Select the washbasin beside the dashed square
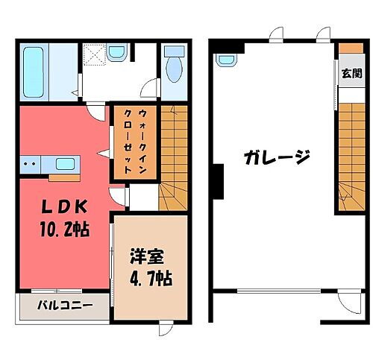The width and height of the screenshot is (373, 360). (117, 53)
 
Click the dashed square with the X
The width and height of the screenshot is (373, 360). (93, 54)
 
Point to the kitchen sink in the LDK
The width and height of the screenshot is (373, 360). (65, 163)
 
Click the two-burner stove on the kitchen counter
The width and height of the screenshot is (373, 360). (31, 162)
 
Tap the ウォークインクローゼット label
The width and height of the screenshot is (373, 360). (134, 142)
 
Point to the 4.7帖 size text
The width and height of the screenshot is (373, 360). (150, 280)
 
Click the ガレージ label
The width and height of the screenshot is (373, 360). (276, 158)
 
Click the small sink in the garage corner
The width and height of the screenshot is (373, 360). (225, 60)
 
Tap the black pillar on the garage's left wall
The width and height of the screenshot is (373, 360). (219, 182)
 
